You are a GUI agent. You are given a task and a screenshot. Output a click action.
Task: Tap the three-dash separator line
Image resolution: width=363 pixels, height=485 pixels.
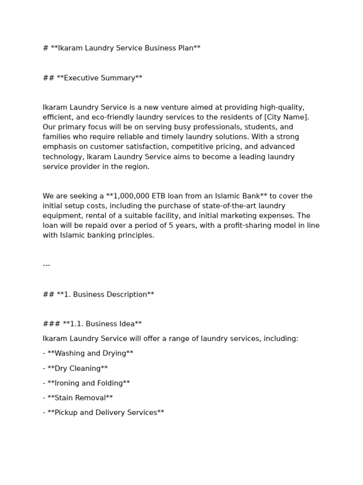(46, 265)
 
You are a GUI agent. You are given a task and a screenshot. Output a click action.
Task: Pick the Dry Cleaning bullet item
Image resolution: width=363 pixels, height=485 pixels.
(78, 368)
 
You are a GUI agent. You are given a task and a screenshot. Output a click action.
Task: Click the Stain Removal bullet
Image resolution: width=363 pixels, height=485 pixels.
(80, 398)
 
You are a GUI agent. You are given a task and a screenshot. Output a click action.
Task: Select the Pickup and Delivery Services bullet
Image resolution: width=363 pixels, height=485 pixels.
(106, 413)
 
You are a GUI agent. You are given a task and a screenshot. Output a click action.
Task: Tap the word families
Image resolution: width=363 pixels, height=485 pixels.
(56, 137)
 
